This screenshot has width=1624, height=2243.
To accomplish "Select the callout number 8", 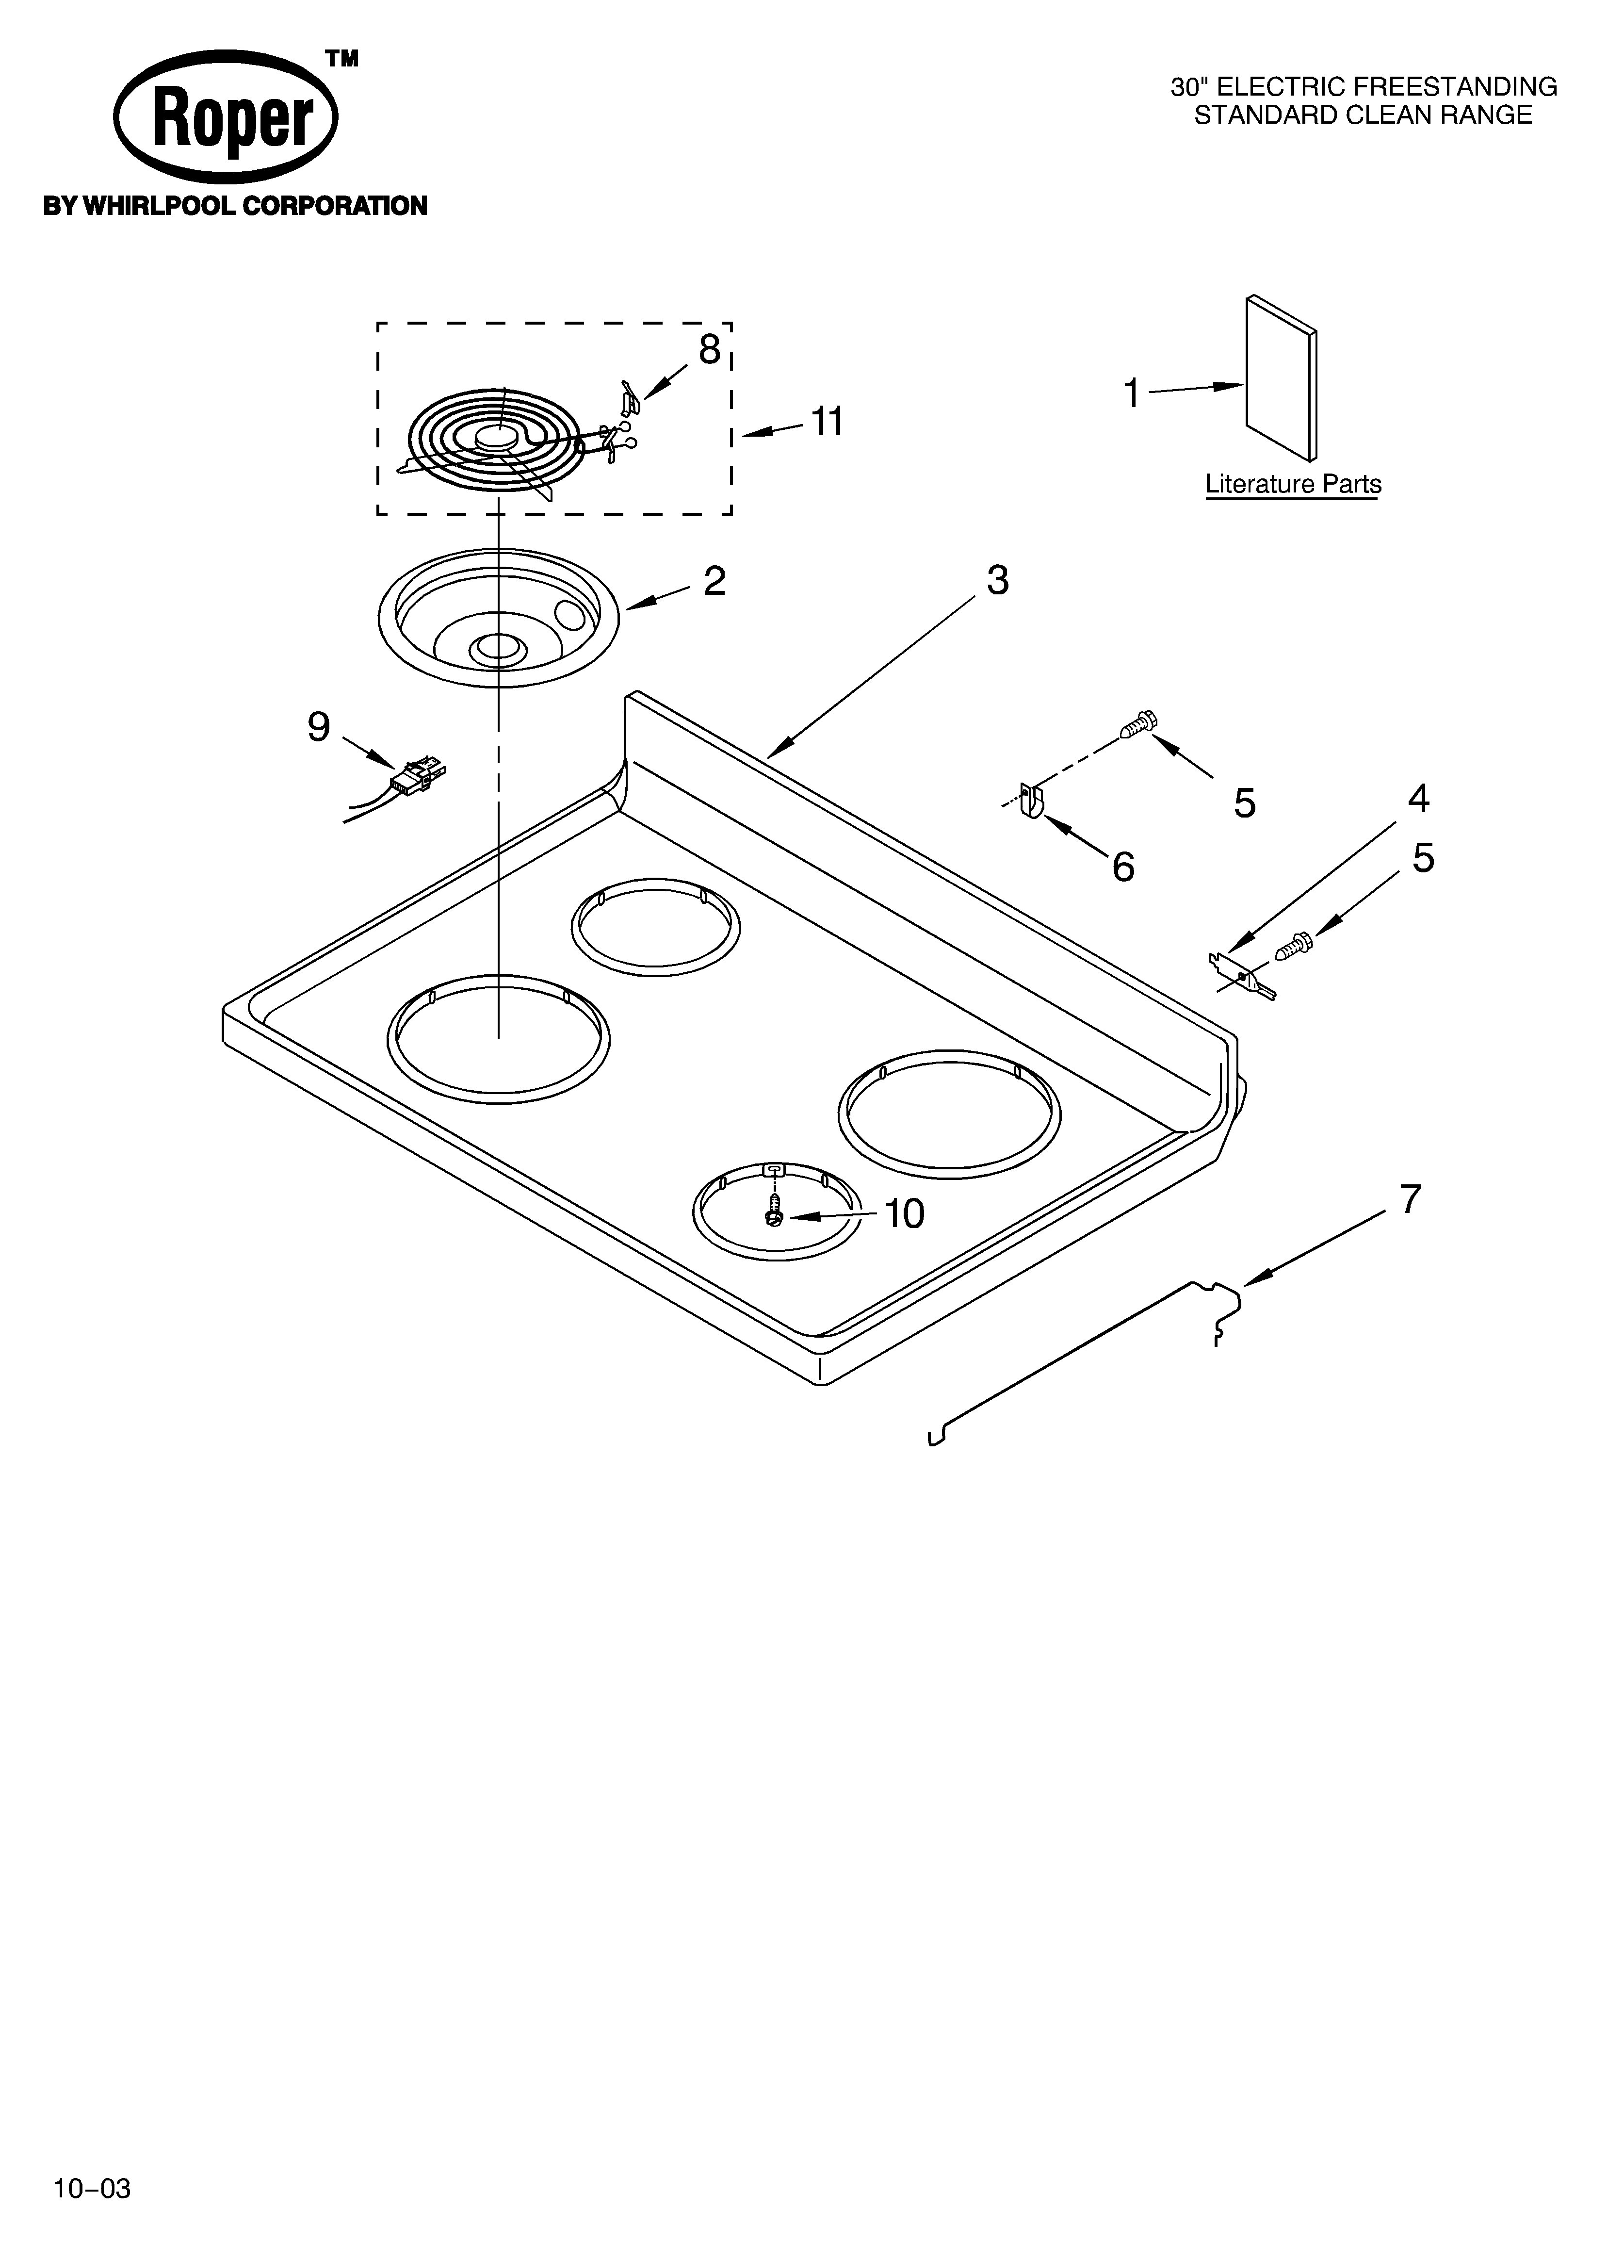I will tap(709, 350).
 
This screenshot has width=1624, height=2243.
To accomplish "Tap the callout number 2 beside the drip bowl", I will tap(714, 582).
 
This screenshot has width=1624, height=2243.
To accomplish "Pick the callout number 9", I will tap(319, 728).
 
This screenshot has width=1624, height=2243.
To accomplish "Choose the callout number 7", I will tap(1410, 1200).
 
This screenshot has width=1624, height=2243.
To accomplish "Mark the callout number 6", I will tap(1122, 868).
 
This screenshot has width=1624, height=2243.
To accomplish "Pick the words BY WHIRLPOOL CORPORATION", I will tap(234, 207).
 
